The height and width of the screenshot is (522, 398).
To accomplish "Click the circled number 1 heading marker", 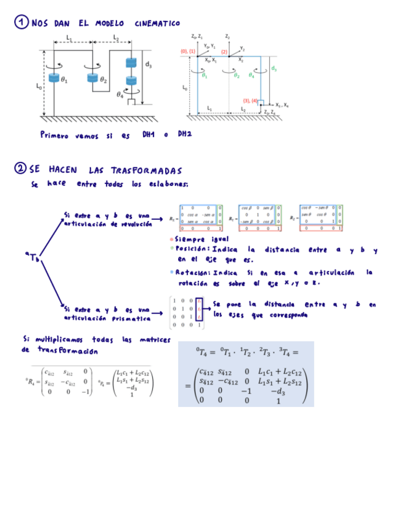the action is click(21, 23).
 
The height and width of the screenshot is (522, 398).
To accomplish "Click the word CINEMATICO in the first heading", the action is click(157, 23).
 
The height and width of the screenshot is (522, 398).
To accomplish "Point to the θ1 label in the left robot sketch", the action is click(65, 81).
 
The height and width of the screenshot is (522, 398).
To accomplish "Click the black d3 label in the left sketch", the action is click(148, 64).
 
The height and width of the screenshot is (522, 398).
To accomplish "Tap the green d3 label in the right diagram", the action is click(274, 69).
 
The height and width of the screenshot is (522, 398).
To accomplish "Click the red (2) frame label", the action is click(224, 52).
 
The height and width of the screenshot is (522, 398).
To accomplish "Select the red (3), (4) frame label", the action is click(251, 100).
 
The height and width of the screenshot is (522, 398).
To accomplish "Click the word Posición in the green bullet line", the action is click(193, 249).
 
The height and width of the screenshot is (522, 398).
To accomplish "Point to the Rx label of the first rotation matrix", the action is click(174, 218).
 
